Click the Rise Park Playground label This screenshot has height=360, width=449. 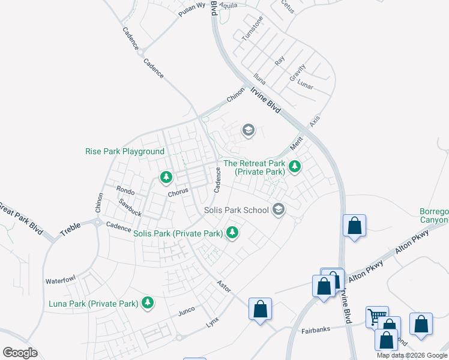[125, 152]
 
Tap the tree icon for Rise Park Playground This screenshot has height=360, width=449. [166, 177]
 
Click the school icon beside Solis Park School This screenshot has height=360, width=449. [278, 209]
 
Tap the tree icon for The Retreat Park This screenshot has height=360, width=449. [294, 166]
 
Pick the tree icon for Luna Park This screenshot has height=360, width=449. [147, 303]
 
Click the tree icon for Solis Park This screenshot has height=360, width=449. [232, 232]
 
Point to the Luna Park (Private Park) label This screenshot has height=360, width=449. [94, 304]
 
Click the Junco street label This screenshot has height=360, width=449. [187, 311]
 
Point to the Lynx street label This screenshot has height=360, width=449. [212, 321]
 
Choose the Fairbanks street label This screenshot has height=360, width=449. [316, 331]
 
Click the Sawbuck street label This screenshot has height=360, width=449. [130, 208]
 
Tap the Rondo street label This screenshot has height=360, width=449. [125, 191]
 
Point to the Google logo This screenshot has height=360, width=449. [20, 353]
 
